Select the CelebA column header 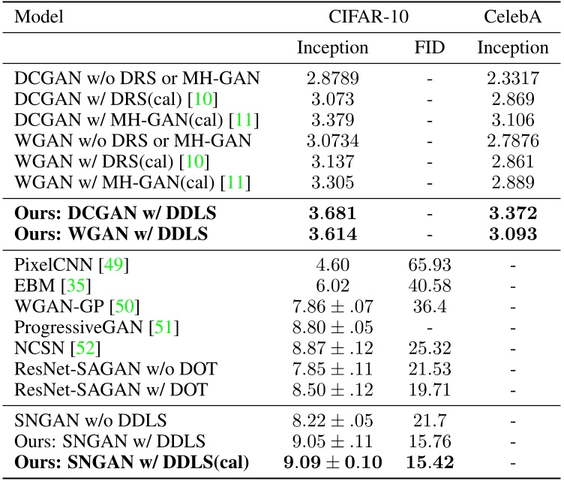coord(513,17)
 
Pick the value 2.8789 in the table coord(333,77)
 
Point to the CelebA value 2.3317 coord(513,77)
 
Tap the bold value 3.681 coord(333,215)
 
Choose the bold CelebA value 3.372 coord(513,215)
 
